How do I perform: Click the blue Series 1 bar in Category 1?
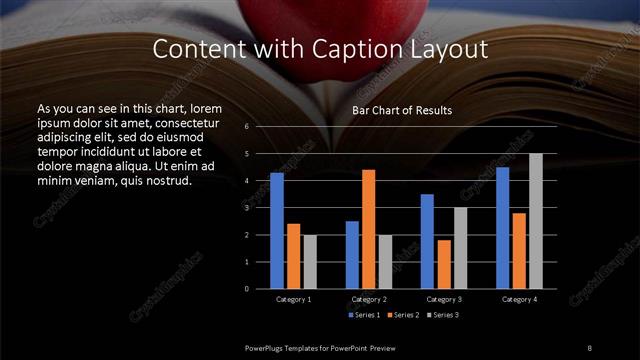coord(277,231)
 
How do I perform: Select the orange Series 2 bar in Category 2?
coord(368,229)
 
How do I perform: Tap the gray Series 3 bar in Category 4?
coord(535,221)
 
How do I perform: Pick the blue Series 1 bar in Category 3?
coord(427,241)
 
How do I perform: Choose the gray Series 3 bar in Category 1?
coord(309,261)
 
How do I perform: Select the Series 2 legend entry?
coord(402,315)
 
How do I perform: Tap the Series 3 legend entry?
coord(440,315)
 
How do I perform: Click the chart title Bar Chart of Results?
coord(402,110)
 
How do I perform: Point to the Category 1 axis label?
coord(293,299)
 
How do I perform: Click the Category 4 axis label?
coord(519,299)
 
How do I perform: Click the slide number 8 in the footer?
coord(590,346)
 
